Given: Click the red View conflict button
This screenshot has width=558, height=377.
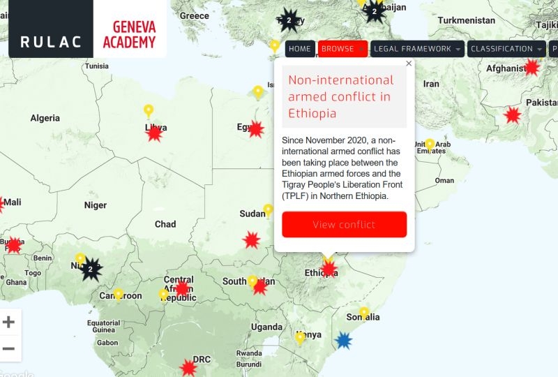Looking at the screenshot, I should [344, 224].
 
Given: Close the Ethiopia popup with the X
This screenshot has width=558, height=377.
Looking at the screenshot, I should [409, 64].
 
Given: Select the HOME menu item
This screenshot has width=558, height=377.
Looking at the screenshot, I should [299, 49].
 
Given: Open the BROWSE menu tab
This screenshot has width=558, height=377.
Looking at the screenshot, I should [342, 49].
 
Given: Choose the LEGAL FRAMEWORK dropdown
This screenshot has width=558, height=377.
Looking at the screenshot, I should [416, 49].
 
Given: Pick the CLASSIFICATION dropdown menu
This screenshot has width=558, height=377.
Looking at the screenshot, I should [506, 49].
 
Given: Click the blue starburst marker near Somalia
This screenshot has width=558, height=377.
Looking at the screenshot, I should [342, 340].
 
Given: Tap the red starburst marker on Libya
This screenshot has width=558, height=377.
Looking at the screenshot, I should [154, 133].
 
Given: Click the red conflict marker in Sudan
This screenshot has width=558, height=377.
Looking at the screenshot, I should [252, 239].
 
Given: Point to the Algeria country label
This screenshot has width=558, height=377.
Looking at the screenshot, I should [45, 118].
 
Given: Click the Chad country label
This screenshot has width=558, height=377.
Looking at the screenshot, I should [165, 224].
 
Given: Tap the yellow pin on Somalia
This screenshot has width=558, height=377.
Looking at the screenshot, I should [364, 313].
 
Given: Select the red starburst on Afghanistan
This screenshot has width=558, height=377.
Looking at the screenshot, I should [531, 67].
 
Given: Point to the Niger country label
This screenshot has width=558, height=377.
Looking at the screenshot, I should [96, 205].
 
